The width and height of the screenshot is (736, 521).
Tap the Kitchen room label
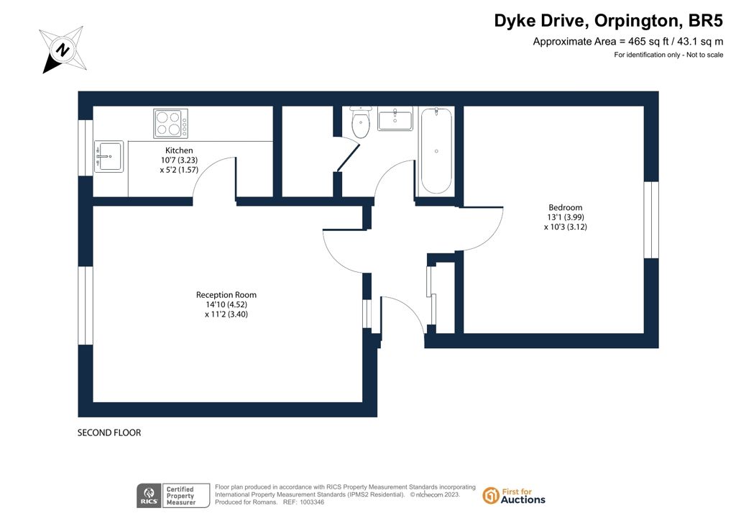[179, 150]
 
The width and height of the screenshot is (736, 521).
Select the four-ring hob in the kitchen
[171, 123]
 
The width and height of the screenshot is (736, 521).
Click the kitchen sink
[109, 156]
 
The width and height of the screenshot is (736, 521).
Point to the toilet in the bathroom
[361, 122]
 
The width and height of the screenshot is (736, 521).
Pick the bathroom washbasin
[395, 119]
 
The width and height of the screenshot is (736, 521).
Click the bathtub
[436, 151]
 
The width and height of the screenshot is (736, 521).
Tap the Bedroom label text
[565, 207]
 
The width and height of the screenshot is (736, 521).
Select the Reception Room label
[226, 294]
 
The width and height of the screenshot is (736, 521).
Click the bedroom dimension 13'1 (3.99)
[566, 217]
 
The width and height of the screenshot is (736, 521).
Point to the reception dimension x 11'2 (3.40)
[226, 314]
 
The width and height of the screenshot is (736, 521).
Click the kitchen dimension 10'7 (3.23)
[179, 160]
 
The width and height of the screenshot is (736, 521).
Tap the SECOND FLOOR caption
[109, 432]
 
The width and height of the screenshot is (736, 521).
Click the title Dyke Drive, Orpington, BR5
[608, 21]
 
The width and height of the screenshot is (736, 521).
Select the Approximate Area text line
[628, 41]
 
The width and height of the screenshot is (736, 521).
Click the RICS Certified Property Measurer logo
[173, 496]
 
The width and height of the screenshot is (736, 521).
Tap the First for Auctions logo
[514, 496]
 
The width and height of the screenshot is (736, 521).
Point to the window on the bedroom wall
[651, 220]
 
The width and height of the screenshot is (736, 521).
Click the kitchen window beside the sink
[86, 148]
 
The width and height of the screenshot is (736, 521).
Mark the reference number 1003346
[312, 502]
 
